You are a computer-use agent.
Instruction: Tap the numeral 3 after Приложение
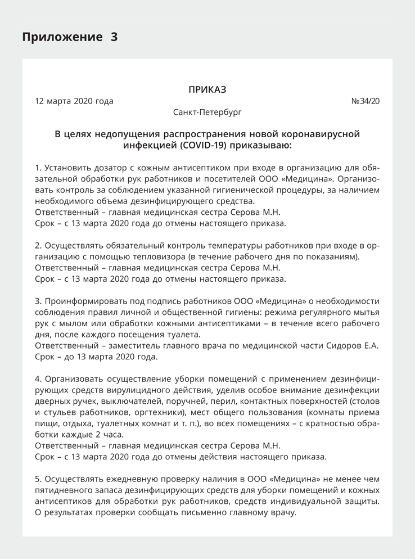click(x=114, y=37)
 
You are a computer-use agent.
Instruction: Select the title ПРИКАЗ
click(x=207, y=89)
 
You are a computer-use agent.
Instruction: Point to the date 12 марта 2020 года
click(x=74, y=101)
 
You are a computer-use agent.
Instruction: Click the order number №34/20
click(x=365, y=101)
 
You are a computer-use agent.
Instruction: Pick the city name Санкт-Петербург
click(x=207, y=112)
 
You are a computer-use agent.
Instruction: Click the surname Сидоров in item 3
click(x=336, y=345)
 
